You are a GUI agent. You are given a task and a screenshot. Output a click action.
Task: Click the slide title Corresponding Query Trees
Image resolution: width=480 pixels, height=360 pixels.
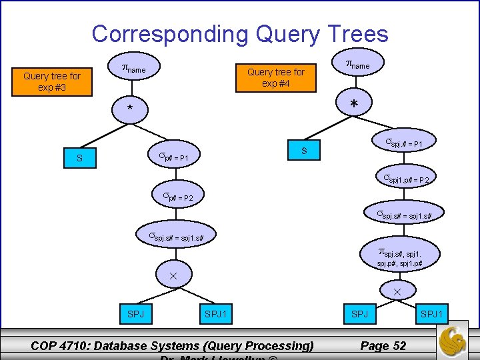(x=239, y=33)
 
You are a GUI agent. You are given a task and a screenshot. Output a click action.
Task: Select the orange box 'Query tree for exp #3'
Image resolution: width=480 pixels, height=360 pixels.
(x=51, y=81)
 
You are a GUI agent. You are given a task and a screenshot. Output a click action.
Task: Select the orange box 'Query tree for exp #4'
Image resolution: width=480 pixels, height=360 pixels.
(x=275, y=77)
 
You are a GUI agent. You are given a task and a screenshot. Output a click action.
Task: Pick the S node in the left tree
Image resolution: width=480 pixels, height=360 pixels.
(x=79, y=159)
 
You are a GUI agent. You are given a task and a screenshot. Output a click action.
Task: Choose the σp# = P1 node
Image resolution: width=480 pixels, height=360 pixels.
(x=176, y=157)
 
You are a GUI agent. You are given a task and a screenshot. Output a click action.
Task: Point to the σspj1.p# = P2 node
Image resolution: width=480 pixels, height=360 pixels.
(x=409, y=179)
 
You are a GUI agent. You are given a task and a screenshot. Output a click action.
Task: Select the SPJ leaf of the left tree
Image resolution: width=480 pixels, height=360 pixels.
(x=135, y=313)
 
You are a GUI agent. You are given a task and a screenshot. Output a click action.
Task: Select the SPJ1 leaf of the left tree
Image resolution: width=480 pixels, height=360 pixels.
(x=215, y=313)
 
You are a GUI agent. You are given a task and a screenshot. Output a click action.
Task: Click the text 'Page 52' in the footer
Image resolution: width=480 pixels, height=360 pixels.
(x=383, y=345)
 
